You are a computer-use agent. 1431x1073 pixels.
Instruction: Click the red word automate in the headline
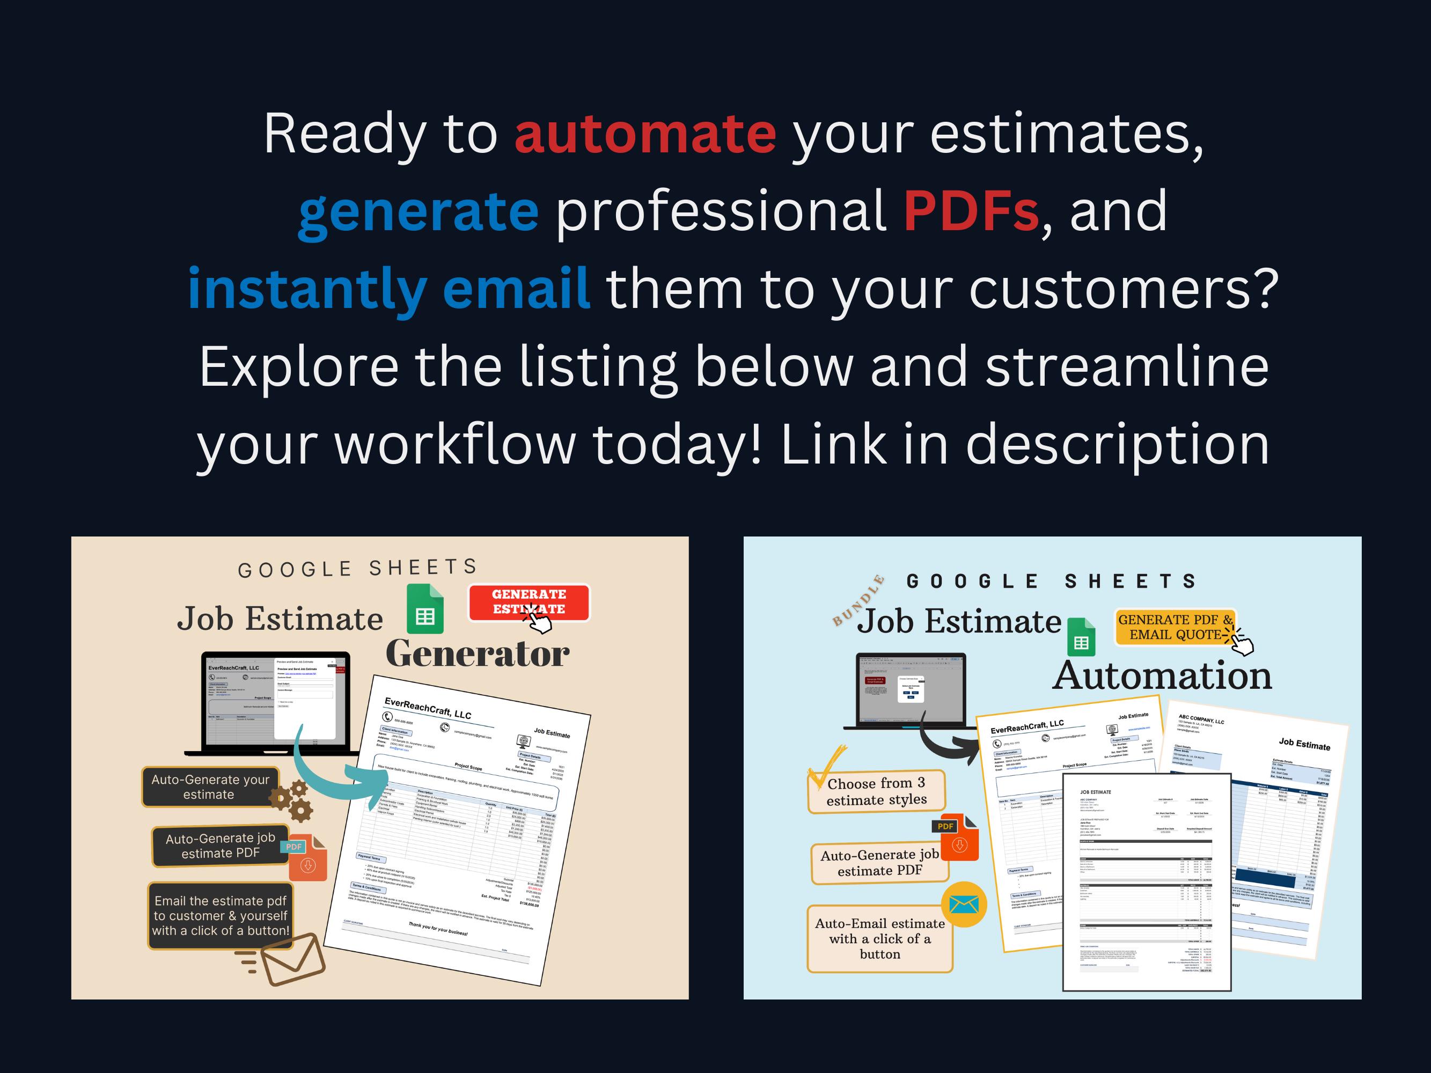pyautogui.click(x=645, y=134)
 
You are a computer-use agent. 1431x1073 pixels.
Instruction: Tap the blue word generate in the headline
pyautogui.click(x=418, y=211)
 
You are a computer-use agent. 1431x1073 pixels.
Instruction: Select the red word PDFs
pyautogui.click(x=971, y=211)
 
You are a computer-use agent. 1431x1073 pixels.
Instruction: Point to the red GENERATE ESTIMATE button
pyautogui.click(x=529, y=602)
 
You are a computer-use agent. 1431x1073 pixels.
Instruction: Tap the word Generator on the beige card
pyautogui.click(x=478, y=654)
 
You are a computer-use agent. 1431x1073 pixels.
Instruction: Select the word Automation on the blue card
pyautogui.click(x=1162, y=675)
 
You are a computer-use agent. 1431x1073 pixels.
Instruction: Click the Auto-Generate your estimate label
pyautogui.click(x=210, y=787)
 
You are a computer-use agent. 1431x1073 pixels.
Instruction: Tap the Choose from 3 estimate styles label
pyautogui.click(x=877, y=791)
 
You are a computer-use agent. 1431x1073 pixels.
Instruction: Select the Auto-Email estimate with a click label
pyautogui.click(x=880, y=938)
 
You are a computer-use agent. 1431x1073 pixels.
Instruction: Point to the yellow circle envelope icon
pyautogui.click(x=964, y=904)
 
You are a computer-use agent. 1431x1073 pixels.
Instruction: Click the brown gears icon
pyautogui.click(x=292, y=800)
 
